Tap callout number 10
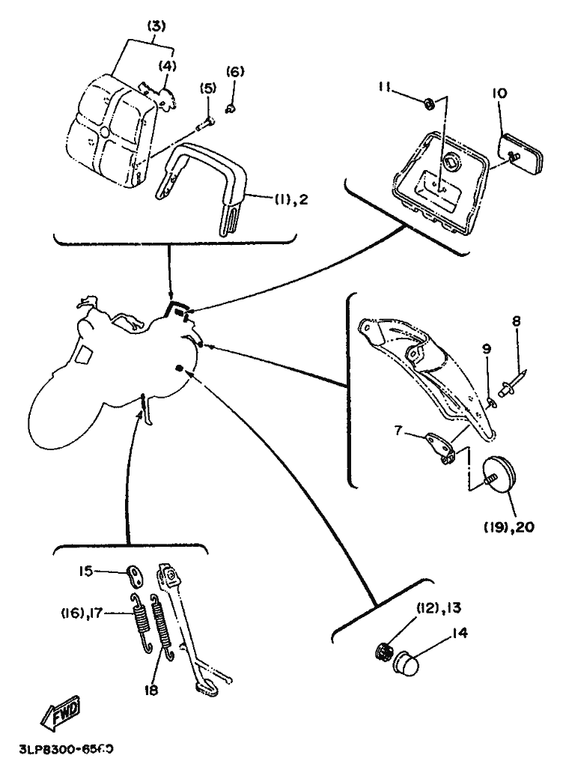point(499,94)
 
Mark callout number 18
point(152,691)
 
